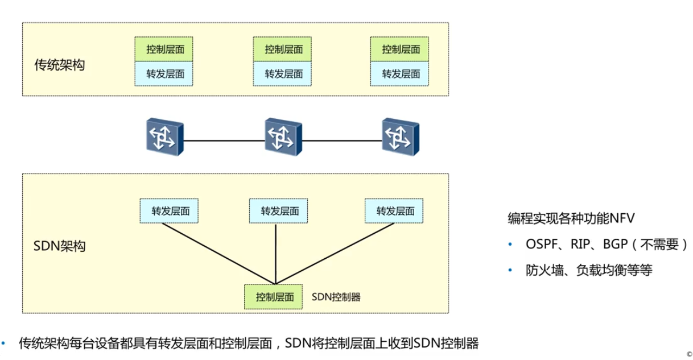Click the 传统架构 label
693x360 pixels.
[x=60, y=65]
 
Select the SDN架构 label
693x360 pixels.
[x=60, y=247]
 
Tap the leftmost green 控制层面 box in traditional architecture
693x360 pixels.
[x=164, y=49]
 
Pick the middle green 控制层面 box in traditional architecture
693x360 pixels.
[x=282, y=49]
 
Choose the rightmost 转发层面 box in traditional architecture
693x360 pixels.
[x=399, y=74]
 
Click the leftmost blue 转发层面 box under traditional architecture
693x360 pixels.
[x=164, y=74]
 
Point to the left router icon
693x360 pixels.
[x=165, y=136]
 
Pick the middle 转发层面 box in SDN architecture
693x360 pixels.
[x=278, y=211]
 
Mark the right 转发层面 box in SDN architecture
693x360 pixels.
[x=394, y=211]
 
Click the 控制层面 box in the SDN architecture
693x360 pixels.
[x=274, y=297]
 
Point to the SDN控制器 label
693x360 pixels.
[x=336, y=297]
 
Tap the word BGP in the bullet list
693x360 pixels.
[x=613, y=245]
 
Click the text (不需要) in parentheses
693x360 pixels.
[x=660, y=245]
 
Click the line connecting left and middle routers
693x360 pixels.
[x=224, y=140]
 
